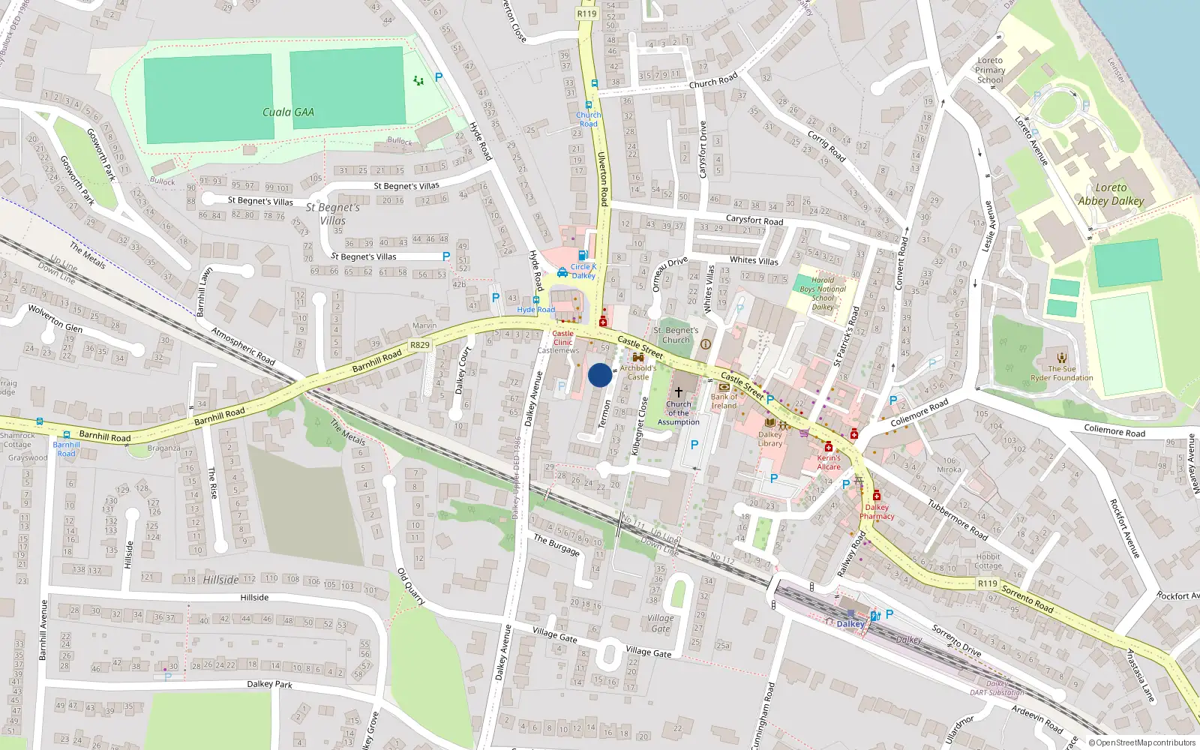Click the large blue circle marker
point(599,375)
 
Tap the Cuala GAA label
point(288,112)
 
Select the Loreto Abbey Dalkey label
point(1111,194)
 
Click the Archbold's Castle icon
point(638,358)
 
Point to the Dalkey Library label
point(769,439)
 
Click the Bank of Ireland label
point(724,401)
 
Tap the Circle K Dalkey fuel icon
point(583,256)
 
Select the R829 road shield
point(420,345)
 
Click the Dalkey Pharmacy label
point(877,511)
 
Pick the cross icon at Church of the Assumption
point(679,392)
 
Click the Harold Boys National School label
point(822,293)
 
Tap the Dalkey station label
point(850,624)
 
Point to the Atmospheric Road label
point(243,346)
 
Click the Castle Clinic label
point(562,337)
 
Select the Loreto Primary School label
point(990,70)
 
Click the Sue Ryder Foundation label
point(1061,373)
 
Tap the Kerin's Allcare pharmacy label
point(829,462)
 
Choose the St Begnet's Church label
point(676,335)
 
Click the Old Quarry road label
point(411,586)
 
